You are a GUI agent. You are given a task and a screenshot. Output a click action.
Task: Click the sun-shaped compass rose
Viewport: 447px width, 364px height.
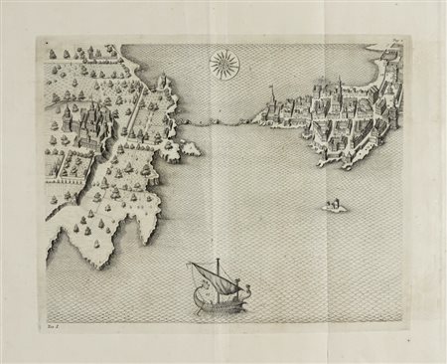223,66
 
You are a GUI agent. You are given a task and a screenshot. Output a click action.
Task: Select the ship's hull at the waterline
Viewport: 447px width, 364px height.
221,307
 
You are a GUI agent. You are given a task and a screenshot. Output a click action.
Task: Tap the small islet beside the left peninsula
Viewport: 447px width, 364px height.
188,149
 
